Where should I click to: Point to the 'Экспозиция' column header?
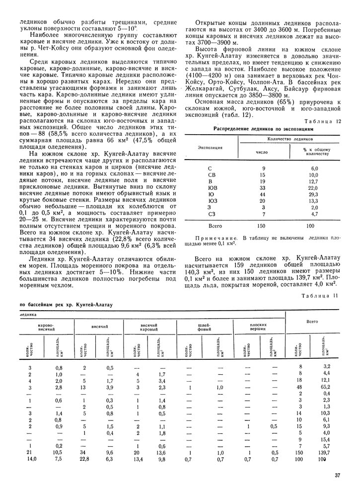(x=211, y=148)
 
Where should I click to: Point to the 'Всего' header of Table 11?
(x=312, y=322)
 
